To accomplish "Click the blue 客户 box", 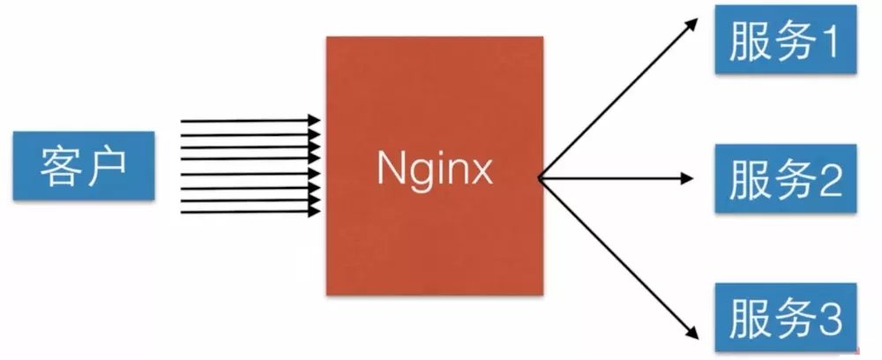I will tap(84, 165).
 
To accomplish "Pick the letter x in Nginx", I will tap(480, 170).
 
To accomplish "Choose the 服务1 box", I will tap(785, 41).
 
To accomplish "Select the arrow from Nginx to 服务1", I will tap(617, 98).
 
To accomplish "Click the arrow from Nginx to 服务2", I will tap(617, 179).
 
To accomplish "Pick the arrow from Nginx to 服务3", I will tap(617, 261).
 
